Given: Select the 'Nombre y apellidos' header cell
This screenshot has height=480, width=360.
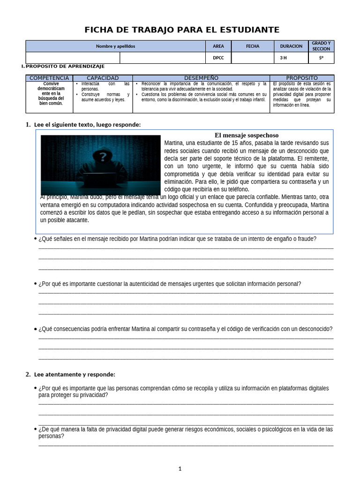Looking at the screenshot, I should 115,46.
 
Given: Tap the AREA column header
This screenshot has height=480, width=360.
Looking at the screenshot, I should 218,46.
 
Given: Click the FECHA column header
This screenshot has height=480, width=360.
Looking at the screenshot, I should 253,46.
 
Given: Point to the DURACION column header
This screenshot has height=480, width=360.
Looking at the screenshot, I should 291,46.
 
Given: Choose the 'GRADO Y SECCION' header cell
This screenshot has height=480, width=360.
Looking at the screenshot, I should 321,46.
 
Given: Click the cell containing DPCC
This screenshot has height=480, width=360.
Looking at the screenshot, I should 218,58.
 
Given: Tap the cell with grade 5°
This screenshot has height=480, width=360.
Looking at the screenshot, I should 321,58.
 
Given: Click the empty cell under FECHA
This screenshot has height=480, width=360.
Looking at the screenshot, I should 253,58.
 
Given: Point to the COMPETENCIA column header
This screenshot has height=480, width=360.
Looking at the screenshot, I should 49,78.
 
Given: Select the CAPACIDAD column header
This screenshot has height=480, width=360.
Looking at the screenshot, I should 103,78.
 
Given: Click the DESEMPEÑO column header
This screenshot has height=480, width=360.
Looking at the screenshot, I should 201,78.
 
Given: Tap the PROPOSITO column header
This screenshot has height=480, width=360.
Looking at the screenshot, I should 302,78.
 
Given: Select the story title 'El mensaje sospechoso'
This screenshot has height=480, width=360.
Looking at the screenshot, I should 247,135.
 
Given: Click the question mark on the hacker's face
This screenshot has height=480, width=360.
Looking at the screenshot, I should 104,157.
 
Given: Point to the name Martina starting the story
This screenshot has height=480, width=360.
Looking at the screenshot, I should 174,143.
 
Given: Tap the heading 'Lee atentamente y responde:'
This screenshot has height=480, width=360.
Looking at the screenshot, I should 75,375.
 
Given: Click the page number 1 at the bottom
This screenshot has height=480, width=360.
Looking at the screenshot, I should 180,468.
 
